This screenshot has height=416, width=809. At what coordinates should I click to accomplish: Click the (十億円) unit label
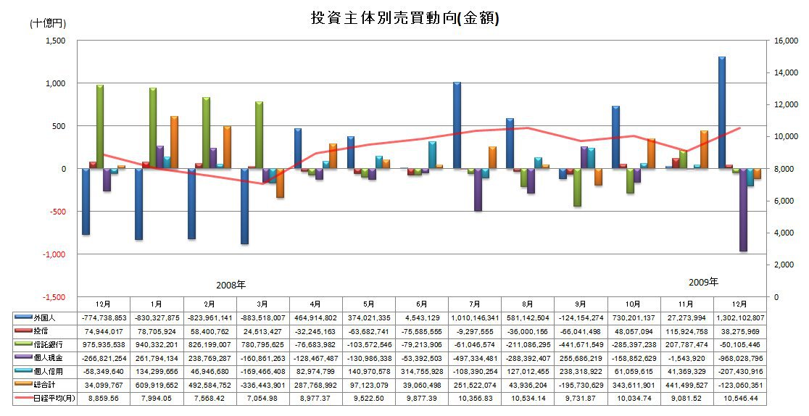47,23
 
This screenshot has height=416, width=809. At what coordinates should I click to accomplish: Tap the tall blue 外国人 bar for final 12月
722,112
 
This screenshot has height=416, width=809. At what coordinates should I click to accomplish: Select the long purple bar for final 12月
743,209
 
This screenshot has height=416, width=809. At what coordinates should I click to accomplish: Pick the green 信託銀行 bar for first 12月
100,127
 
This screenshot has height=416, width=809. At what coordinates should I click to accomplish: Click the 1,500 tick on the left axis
55,41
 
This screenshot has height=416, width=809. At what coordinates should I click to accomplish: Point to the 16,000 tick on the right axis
786,41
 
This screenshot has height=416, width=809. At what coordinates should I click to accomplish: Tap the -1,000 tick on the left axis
54,254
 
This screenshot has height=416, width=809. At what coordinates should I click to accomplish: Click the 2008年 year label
231,285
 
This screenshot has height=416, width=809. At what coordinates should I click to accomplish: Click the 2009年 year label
703,281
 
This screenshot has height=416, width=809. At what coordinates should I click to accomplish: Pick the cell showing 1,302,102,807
739,317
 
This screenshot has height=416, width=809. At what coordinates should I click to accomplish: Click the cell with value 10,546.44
739,397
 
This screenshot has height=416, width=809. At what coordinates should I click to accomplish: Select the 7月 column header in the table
475,304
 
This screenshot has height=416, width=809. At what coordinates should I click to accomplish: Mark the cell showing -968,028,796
739,357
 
